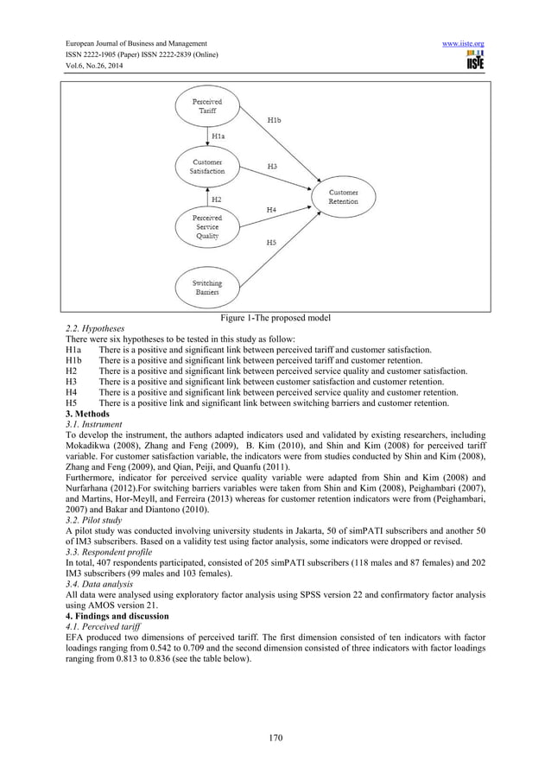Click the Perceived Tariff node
[x=206, y=108]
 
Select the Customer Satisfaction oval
[x=207, y=167]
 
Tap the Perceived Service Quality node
[x=206, y=226]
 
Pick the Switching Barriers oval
[x=206, y=288]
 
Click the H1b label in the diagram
[x=272, y=122]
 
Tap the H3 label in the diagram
[x=271, y=165]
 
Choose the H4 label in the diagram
[x=271, y=210]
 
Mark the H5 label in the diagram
[x=271, y=244]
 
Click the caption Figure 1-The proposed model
[x=275, y=320]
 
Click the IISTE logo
[x=474, y=60]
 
